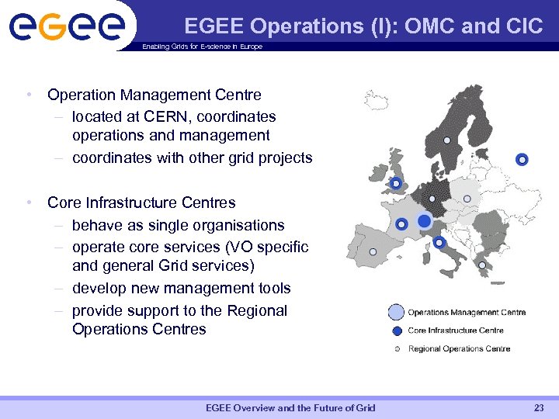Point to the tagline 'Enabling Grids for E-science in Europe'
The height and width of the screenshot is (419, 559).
point(202,47)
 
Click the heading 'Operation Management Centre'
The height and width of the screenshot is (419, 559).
point(154,95)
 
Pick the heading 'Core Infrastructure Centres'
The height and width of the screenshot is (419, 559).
point(141,203)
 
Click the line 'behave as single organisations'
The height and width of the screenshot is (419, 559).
point(178,226)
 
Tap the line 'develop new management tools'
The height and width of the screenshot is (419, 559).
point(181,289)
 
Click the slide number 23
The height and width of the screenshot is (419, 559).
point(539,408)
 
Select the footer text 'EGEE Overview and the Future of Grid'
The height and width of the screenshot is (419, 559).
point(290,408)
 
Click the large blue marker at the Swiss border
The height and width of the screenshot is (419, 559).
point(424,222)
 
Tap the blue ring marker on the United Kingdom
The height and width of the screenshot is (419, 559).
point(396,184)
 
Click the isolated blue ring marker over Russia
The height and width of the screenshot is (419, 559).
point(522,160)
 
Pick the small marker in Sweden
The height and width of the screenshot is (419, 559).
point(446,140)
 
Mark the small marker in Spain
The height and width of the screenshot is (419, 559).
point(373,251)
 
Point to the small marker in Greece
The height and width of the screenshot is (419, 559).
point(482,265)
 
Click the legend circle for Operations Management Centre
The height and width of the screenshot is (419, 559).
point(396,313)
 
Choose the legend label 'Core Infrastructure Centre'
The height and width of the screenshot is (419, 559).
point(455,331)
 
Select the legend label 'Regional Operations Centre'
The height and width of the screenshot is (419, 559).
point(459,349)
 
